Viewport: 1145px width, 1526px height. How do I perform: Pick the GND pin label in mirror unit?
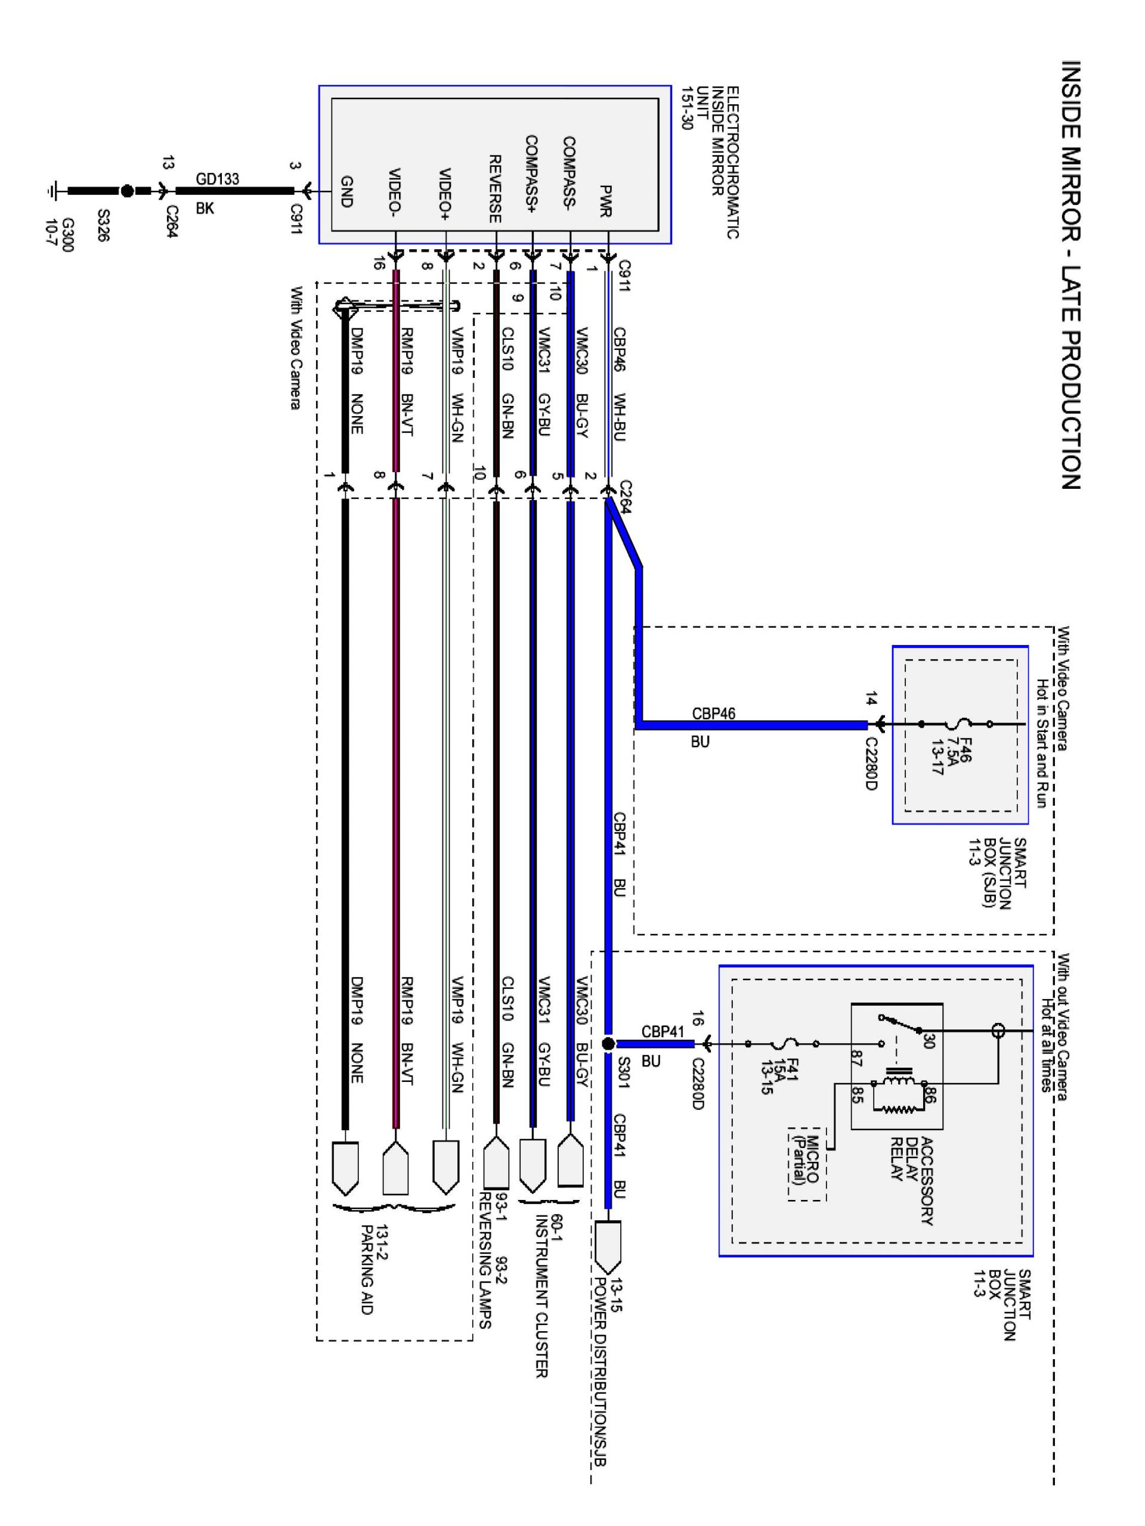pos(346,191)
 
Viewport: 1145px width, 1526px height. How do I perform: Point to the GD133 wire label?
pos(218,179)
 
